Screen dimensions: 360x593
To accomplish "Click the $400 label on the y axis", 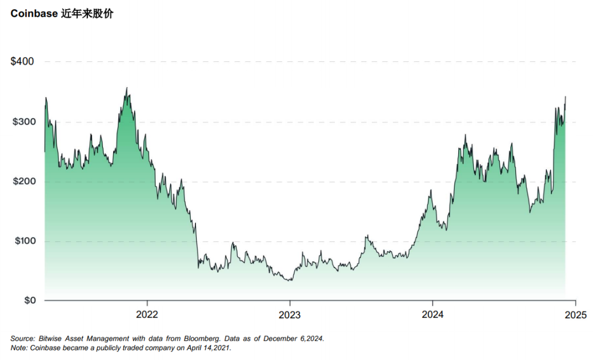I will [x=22, y=61].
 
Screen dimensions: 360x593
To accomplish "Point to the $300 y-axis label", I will [x=22, y=122].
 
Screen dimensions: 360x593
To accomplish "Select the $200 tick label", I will [x=22, y=182].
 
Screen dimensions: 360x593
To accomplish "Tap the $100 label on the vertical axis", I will [x=22, y=241].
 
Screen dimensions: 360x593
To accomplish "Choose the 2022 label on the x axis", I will [x=147, y=314].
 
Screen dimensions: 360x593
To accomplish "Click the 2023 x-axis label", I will [x=290, y=314].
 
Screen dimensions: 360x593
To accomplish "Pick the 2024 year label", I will [x=432, y=314].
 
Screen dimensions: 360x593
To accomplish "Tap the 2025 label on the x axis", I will [x=575, y=314].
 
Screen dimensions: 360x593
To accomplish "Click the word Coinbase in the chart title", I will [x=34, y=14].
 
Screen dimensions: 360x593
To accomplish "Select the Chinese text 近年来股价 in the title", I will [x=87, y=14].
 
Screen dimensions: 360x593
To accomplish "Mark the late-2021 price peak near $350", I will [x=127, y=88].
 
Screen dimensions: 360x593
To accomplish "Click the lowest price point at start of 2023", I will [x=290, y=280].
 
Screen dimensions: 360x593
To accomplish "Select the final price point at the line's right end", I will [x=565, y=97].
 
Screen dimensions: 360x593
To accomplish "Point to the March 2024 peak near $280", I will [x=465, y=135].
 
